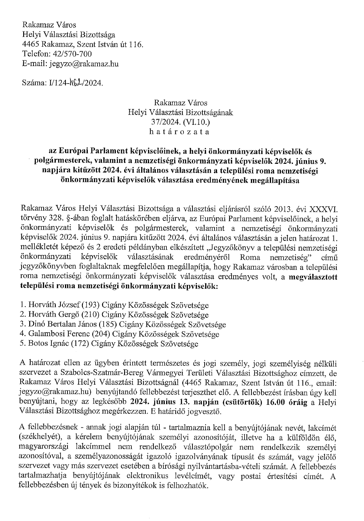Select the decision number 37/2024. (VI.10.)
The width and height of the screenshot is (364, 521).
pyautogui.click(x=180, y=122)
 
